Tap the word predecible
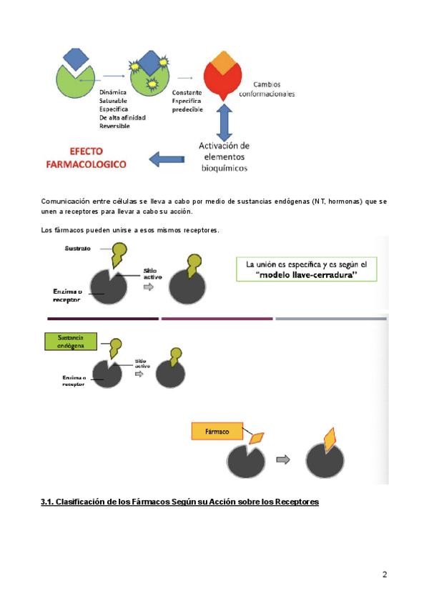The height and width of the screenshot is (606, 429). (x=187, y=109)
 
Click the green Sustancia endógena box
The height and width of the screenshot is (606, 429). (x=69, y=341)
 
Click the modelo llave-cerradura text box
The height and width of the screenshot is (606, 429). (x=309, y=272)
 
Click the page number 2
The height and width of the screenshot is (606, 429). (x=385, y=574)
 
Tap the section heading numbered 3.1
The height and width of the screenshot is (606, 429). (x=179, y=502)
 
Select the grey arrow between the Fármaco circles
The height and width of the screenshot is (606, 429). (x=283, y=460)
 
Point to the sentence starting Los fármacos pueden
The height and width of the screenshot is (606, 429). (x=129, y=230)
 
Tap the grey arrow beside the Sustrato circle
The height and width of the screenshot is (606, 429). (x=148, y=286)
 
